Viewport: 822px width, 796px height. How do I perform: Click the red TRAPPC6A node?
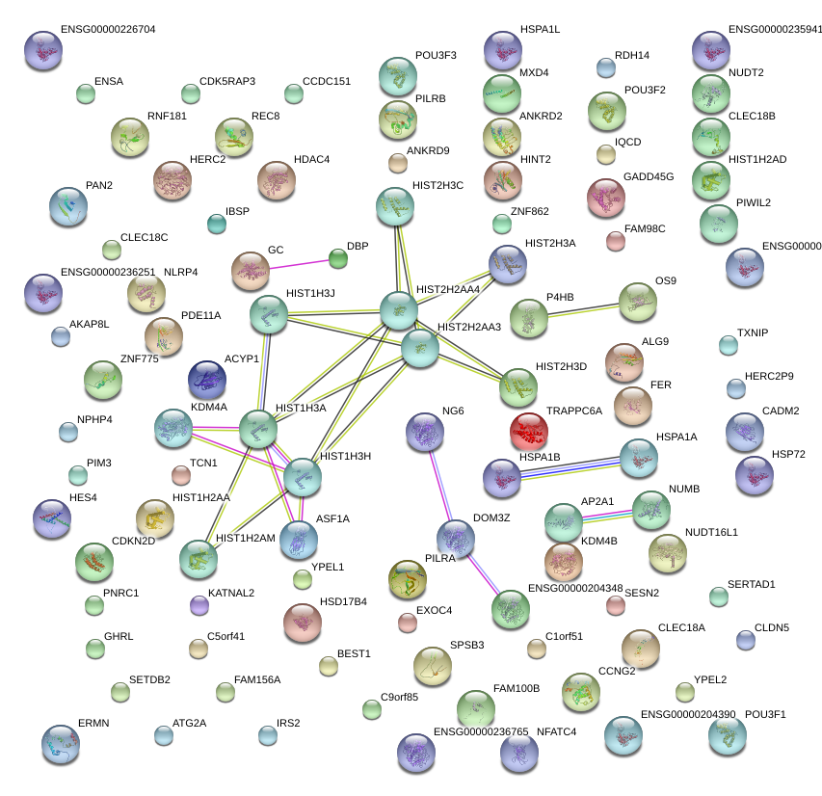click(528, 430)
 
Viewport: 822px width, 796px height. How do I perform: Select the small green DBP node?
click(338, 258)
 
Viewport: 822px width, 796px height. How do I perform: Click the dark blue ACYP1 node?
click(207, 379)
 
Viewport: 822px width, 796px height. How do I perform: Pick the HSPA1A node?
click(637, 458)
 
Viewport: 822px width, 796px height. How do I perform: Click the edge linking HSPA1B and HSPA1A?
click(570, 467)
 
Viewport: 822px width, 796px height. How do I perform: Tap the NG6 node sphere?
click(423, 431)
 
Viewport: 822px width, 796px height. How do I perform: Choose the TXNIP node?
click(729, 345)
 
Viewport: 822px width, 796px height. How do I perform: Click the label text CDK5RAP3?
click(227, 82)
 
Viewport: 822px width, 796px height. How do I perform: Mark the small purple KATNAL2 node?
click(199, 605)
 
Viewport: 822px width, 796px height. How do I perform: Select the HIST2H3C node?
click(393, 205)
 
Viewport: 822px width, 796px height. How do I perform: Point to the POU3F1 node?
click(726, 734)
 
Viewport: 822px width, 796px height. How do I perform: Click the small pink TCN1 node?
click(180, 474)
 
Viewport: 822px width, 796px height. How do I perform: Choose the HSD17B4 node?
click(303, 622)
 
